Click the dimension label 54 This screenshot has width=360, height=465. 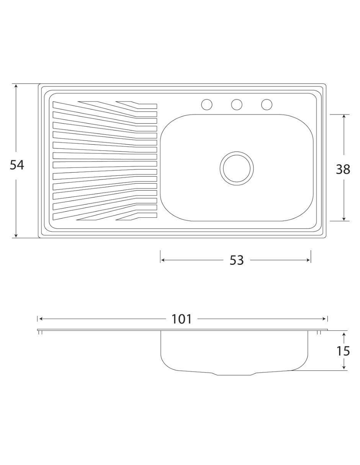(17, 165)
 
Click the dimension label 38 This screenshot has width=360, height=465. (343, 169)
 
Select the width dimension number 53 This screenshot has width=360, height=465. (237, 260)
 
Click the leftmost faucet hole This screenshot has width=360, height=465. (207, 104)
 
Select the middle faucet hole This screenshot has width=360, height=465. (237, 104)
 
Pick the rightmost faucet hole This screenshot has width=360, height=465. (267, 104)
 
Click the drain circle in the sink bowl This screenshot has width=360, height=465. (237, 168)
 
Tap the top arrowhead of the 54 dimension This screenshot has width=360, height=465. (16, 86)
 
